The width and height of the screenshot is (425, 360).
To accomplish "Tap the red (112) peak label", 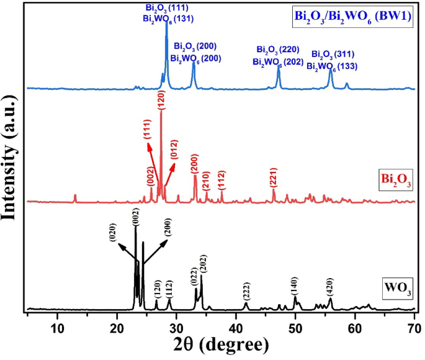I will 222,179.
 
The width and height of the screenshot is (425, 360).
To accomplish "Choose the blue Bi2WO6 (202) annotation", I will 278,62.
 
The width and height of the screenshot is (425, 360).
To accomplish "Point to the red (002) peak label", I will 151,176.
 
